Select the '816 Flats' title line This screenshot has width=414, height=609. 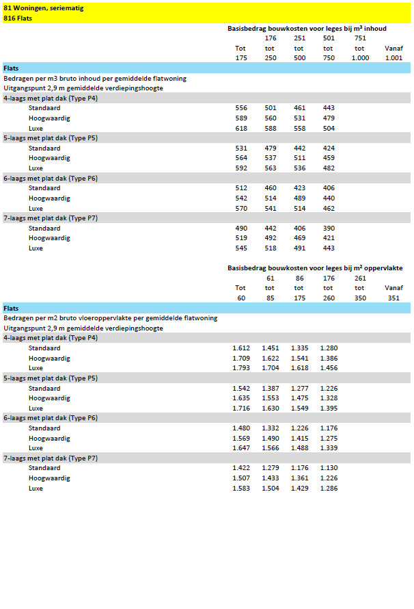[x=18, y=18]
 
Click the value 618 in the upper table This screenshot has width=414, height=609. [x=240, y=129]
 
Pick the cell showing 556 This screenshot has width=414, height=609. [x=240, y=109]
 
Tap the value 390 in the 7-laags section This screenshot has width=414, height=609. [x=329, y=229]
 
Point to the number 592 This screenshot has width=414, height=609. [x=240, y=168]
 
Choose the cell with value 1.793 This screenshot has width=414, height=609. [x=240, y=368]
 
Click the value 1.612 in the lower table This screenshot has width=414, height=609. [x=240, y=348]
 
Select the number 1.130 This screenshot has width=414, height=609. [x=329, y=468]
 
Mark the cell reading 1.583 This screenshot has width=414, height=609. [x=240, y=489]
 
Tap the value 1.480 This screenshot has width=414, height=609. [x=240, y=428]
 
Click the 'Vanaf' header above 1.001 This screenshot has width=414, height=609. [x=394, y=49]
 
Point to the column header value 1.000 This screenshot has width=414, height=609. [x=360, y=58]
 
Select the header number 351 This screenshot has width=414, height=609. [x=394, y=298]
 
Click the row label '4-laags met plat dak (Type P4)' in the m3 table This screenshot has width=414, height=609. [x=51, y=99]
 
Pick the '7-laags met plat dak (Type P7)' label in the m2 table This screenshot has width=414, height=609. [x=51, y=458]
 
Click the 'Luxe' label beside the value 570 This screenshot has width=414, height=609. [x=36, y=209]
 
